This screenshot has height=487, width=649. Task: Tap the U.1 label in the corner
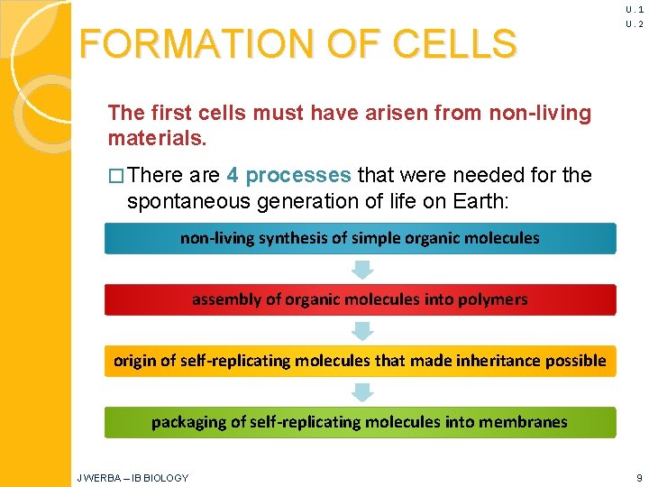(x=634, y=9)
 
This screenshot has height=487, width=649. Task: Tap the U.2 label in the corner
(x=634, y=24)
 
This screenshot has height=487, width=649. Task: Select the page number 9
(x=638, y=477)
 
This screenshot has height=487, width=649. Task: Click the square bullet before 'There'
(x=114, y=175)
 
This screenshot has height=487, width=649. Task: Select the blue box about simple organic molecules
(x=360, y=238)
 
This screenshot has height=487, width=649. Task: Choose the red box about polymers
(x=360, y=299)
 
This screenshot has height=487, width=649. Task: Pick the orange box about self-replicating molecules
(x=360, y=361)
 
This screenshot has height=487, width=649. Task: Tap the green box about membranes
(x=360, y=422)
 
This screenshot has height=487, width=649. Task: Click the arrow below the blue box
(x=361, y=269)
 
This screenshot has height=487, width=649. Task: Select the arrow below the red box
(x=361, y=330)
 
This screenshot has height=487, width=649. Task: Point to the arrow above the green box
(x=361, y=391)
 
